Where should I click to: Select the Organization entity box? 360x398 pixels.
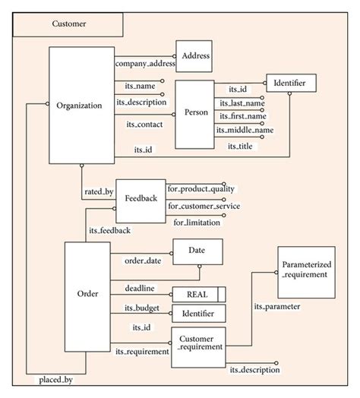click(x=79, y=106)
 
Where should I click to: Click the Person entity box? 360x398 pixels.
click(x=196, y=112)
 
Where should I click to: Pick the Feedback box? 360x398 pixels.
click(x=141, y=198)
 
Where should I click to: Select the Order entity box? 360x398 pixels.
click(x=87, y=293)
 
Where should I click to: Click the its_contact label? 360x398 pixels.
click(x=141, y=122)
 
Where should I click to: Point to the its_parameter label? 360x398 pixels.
click(x=276, y=307)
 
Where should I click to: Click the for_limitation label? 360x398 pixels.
click(x=197, y=222)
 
